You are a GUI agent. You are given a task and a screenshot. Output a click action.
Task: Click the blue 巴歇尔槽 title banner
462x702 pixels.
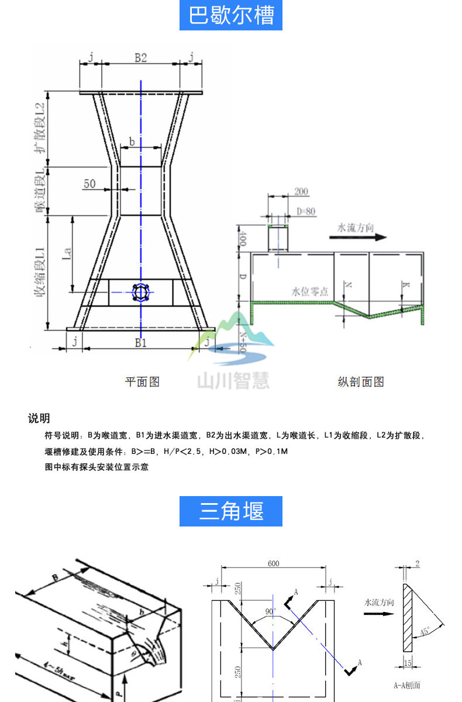pos(231,15)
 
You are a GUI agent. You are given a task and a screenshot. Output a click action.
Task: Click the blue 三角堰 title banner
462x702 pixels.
pos(231,511)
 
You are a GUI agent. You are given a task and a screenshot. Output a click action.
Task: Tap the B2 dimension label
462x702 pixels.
pos(140,57)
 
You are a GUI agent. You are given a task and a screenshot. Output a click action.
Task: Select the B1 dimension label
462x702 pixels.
pos(140,343)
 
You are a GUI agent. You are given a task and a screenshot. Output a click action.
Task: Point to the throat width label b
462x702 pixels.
pos(132,142)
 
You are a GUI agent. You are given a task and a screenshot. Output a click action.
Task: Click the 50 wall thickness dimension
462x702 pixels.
pos(89,184)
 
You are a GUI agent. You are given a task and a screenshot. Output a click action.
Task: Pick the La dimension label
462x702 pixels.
pos(67,253)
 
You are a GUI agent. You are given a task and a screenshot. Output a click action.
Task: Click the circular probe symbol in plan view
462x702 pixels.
pos(141,292)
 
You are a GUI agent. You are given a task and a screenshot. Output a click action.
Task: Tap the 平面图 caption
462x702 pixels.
pos(142,382)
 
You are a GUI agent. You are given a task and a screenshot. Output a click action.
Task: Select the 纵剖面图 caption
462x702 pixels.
pos(361,382)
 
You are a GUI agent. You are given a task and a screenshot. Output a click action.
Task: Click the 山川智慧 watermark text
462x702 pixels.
pos(233,381)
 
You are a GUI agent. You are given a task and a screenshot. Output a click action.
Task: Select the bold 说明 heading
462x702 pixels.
pos(39,418)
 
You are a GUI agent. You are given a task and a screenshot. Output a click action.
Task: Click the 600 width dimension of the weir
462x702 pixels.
pos(274,563)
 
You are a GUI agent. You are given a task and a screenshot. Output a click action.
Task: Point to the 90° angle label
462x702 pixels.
pos(270,612)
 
